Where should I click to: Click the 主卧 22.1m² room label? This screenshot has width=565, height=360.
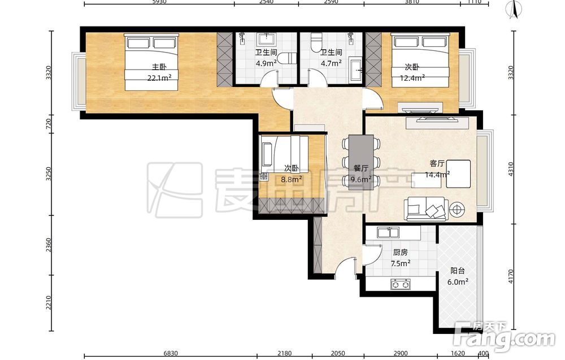tap(159, 72)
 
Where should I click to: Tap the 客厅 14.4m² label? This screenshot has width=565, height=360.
tap(437, 169)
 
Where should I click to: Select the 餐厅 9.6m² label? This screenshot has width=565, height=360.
tap(361, 174)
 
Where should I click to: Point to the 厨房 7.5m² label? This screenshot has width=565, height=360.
tap(401, 258)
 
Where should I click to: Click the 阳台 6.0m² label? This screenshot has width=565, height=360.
tap(458, 276)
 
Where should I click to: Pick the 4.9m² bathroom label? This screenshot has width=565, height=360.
tap(266, 58)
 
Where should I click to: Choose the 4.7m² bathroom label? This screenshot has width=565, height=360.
tap(331, 58)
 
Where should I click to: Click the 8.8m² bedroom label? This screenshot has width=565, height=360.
tap(292, 174)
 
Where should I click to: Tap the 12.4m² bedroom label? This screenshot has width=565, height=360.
tap(412, 72)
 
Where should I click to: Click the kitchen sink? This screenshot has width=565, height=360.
tap(388, 232)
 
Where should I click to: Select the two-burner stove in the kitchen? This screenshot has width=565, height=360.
tap(401, 284)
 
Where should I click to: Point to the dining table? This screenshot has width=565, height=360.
tap(361, 162)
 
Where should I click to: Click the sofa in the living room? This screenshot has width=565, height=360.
tap(425, 209)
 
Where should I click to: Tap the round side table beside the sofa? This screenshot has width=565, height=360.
tap(457, 209)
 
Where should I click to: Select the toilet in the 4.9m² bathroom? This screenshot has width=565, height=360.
tap(287, 58)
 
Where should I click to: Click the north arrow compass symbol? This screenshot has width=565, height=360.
tap(515, 9)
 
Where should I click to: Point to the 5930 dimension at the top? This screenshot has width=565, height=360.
tap(159, 2)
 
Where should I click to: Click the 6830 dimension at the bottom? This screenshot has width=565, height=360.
tap(171, 354)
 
